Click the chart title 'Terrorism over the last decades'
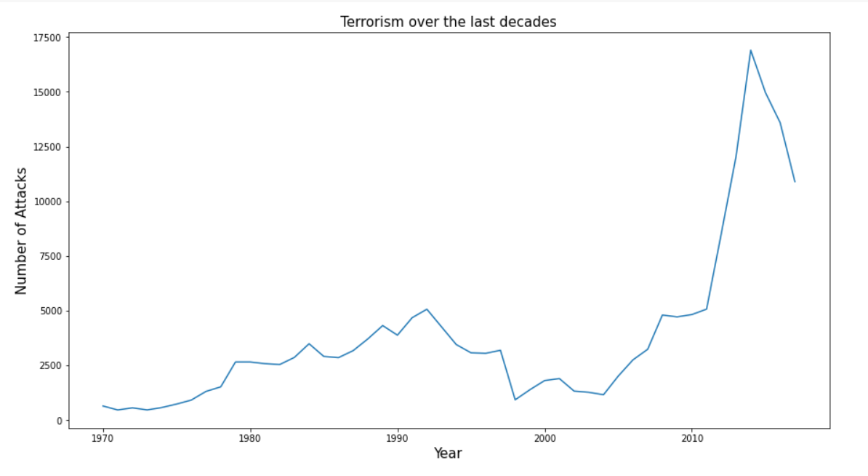[x=448, y=22]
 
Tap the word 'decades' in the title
[x=531, y=22]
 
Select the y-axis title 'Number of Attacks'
[x=21, y=231]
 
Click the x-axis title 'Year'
[x=448, y=453]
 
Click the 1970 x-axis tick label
[x=103, y=438]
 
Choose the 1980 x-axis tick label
[x=250, y=438]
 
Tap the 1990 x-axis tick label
[x=397, y=438]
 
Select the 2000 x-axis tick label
[x=544, y=438]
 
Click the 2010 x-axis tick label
[x=691, y=438]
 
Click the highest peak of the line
[x=750, y=50]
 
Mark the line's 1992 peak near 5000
[x=427, y=309]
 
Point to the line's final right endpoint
[x=795, y=181]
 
